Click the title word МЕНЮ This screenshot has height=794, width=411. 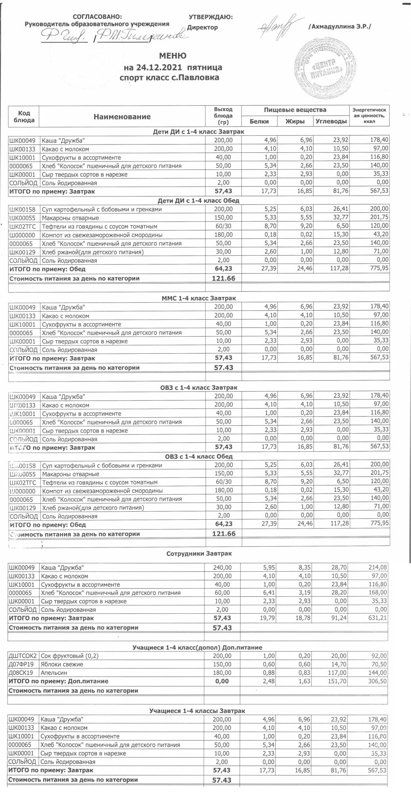pyautogui.click(x=172, y=56)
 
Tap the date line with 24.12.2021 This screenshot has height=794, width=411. pyautogui.click(x=173, y=67)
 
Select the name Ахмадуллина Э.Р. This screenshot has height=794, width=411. pyautogui.click(x=339, y=27)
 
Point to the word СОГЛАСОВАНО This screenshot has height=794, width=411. pyautogui.click(x=97, y=17)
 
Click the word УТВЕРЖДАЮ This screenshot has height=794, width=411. pyautogui.click(x=210, y=17)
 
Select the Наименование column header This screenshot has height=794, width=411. pyautogui.click(x=122, y=117)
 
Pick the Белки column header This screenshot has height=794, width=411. pyautogui.click(x=259, y=121)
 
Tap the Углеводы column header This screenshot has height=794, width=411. pyautogui.click(x=331, y=121)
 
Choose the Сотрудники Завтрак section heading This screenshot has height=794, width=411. pyautogui.click(x=199, y=553)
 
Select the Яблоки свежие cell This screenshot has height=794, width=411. pyautogui.click(x=62, y=664)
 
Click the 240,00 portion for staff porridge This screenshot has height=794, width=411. pyautogui.click(x=223, y=568)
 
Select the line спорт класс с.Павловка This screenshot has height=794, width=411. pyautogui.click(x=169, y=78)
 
